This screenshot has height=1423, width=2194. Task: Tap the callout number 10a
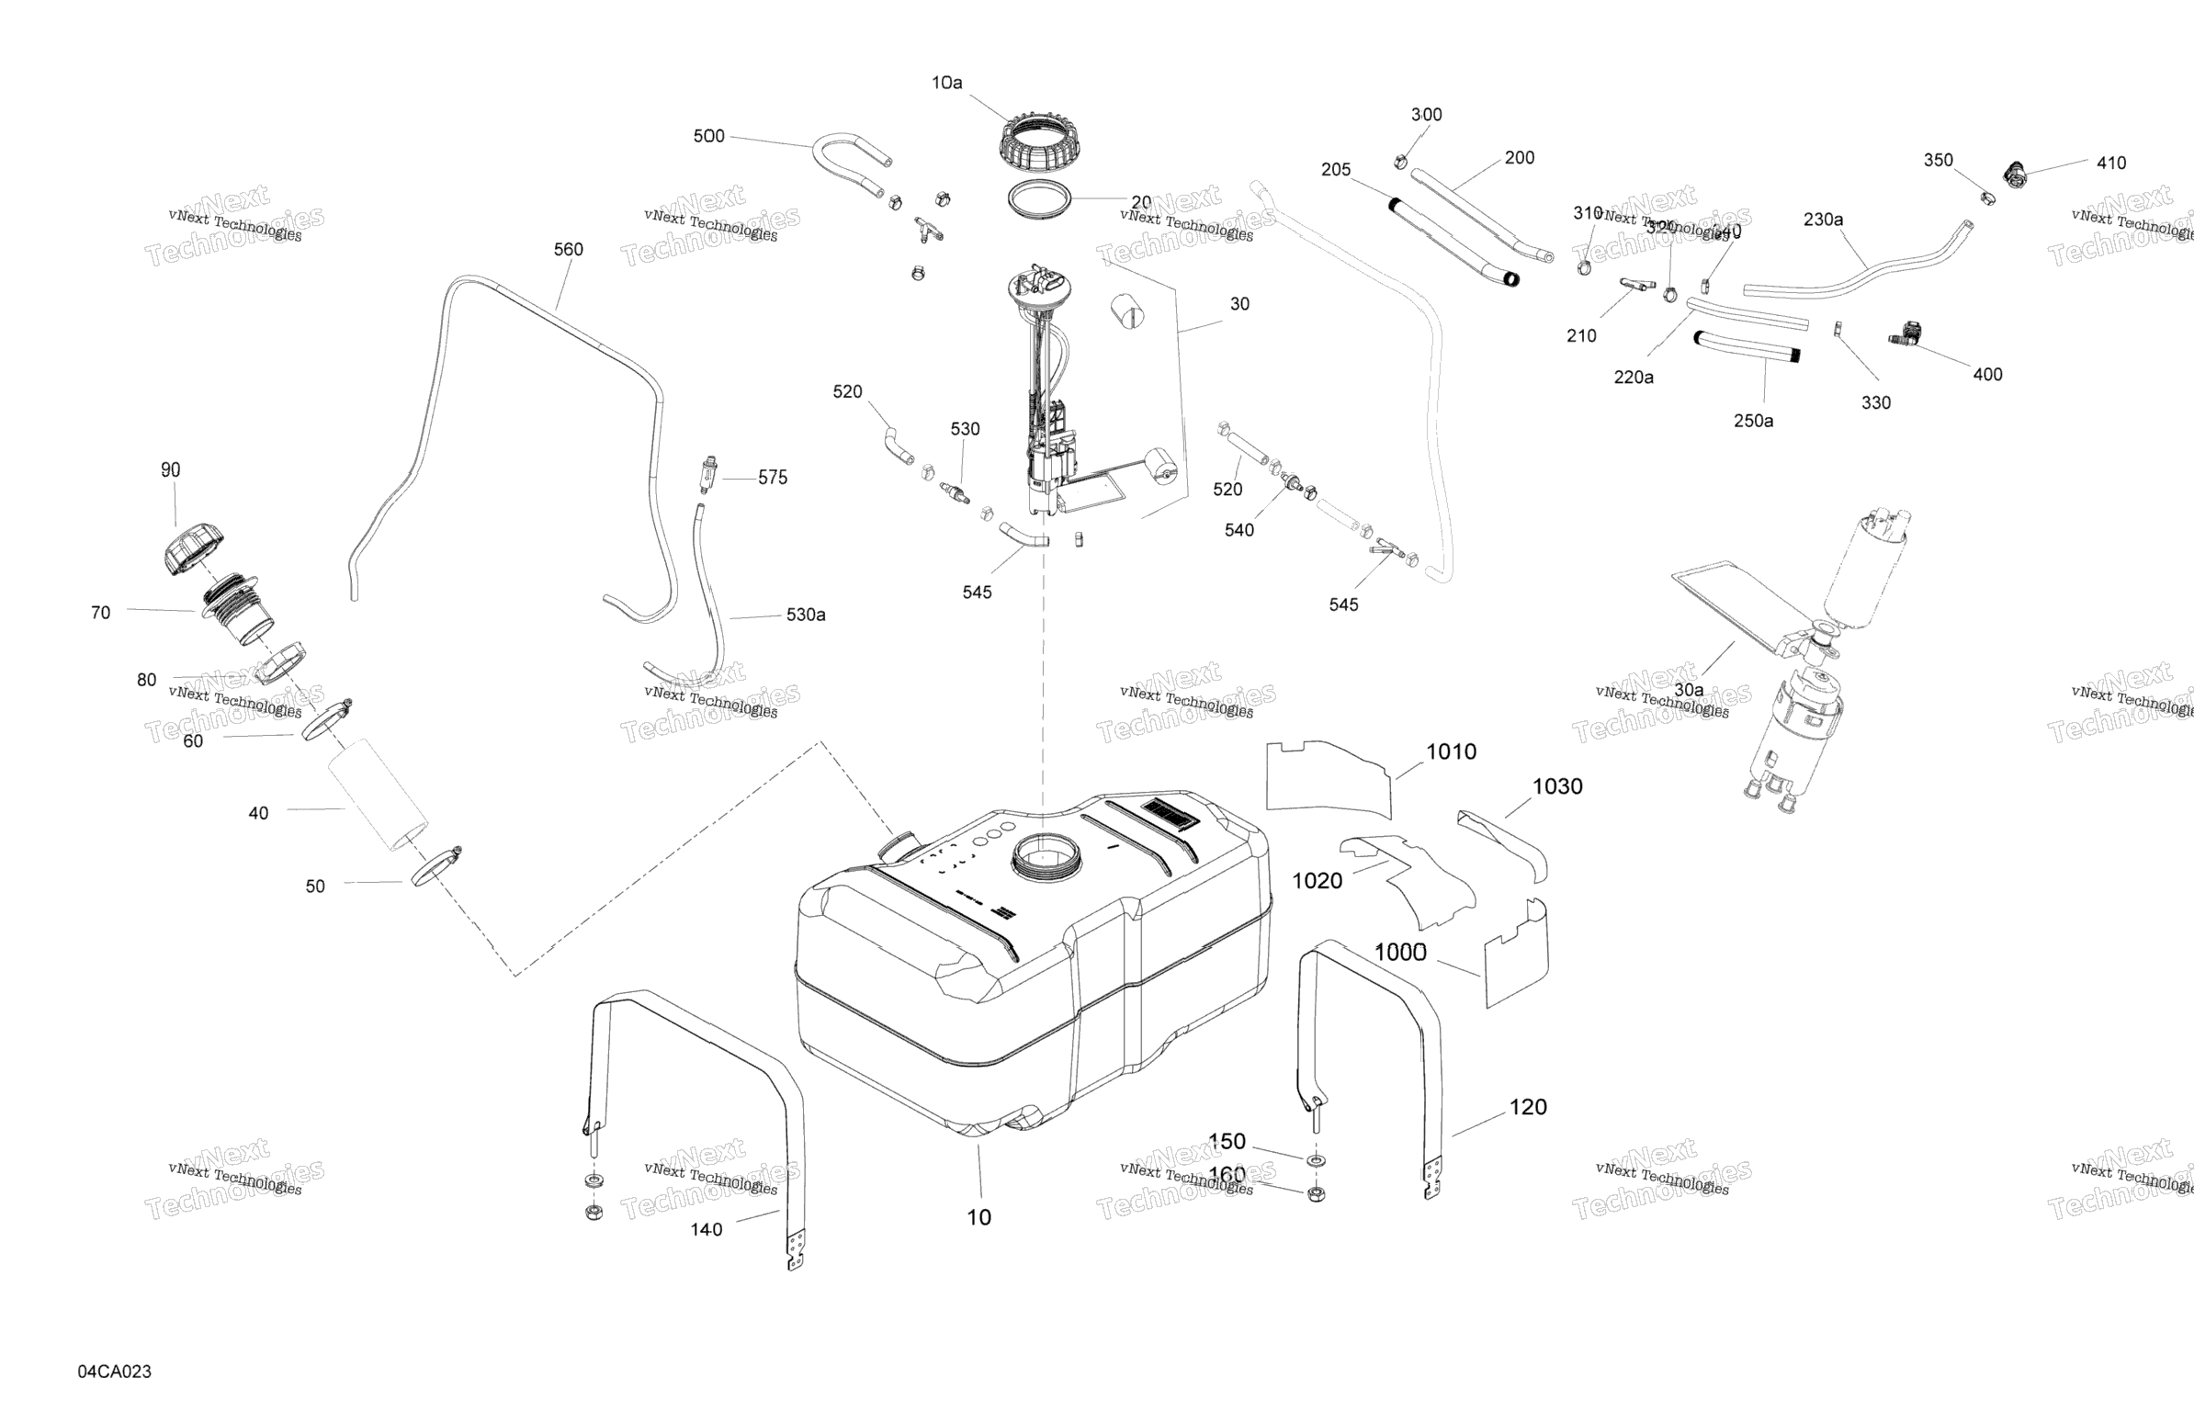click(x=946, y=83)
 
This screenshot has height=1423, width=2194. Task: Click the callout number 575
click(x=773, y=478)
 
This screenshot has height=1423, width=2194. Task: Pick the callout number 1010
click(x=1451, y=752)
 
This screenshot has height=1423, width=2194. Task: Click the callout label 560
click(x=568, y=250)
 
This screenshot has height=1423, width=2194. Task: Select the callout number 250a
click(x=1752, y=421)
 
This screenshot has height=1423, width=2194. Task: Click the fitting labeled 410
click(x=2017, y=174)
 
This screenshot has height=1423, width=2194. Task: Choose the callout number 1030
click(x=1557, y=786)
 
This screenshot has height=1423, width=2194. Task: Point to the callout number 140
click(x=707, y=1229)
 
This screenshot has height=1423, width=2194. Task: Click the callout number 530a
click(x=806, y=615)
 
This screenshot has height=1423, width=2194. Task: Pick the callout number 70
click(x=100, y=613)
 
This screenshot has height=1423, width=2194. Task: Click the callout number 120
click(x=1528, y=1107)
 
